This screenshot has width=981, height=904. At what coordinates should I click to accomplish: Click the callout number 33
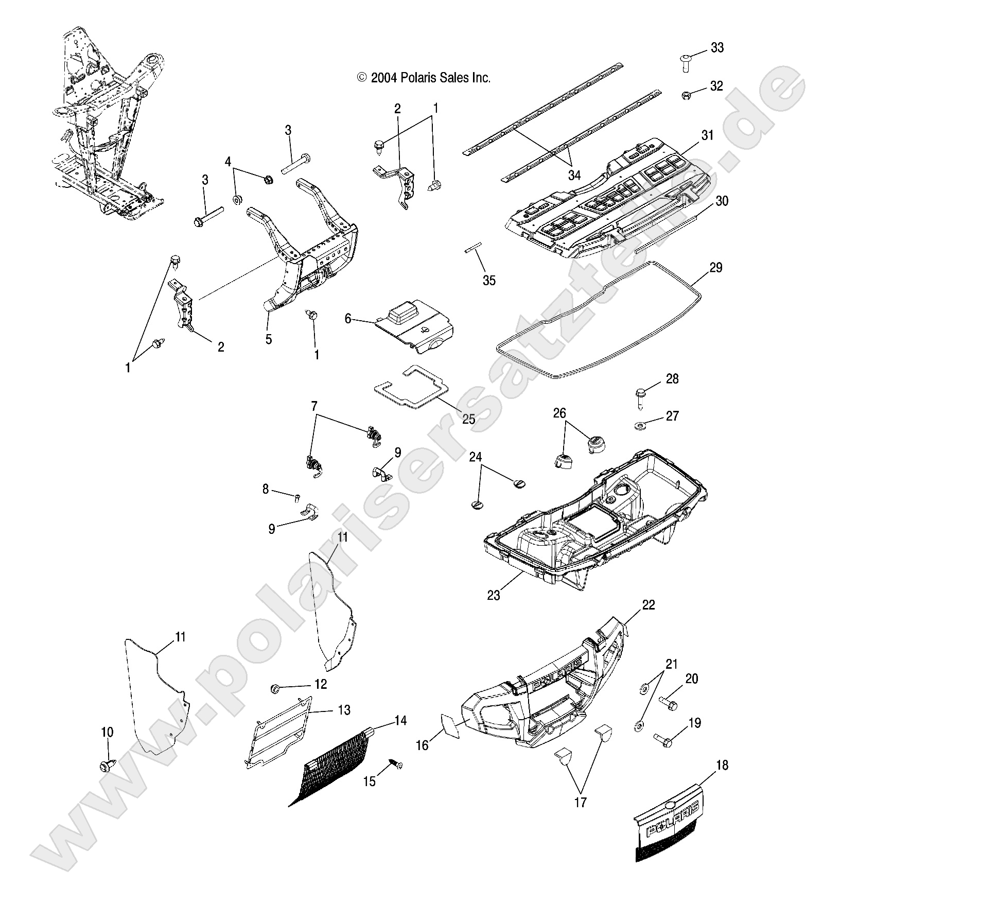717,48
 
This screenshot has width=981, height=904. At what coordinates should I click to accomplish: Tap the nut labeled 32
686,95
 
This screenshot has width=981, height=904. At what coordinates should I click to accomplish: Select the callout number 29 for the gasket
715,268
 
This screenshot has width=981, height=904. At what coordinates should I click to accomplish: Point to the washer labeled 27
640,425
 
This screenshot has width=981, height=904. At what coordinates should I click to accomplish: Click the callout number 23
493,595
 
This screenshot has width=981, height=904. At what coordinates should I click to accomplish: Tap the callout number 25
468,419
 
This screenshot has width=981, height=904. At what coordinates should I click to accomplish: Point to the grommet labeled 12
275,688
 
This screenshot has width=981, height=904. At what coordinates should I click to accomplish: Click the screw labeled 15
396,766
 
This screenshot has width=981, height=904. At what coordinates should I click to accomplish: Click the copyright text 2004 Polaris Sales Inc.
424,78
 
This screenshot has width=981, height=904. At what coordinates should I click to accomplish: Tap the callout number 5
269,340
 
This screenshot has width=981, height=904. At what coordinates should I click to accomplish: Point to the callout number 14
400,721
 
